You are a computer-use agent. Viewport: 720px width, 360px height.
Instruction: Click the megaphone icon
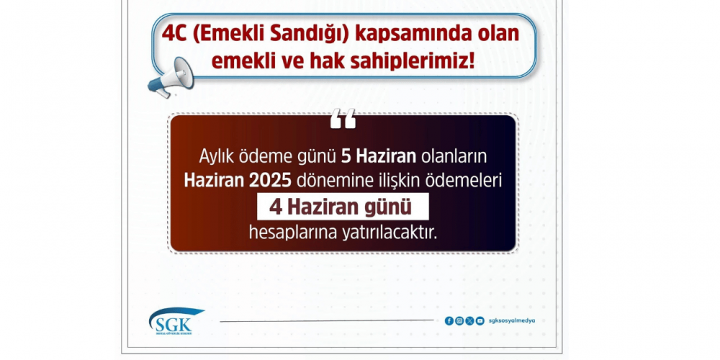coord(171,77)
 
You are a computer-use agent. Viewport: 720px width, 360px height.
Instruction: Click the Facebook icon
coord(449,321)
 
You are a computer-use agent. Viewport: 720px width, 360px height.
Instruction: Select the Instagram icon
coord(459,321)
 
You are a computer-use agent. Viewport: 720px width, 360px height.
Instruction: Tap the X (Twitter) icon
coord(469,321)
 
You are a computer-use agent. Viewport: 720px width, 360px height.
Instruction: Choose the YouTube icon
coord(480,321)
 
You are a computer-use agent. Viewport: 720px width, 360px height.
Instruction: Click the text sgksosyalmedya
coord(512,321)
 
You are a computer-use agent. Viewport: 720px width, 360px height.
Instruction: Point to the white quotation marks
coord(343,118)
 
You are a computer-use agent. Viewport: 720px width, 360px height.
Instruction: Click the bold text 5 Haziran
coord(379,157)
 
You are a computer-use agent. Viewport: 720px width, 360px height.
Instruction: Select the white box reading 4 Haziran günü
coord(343,207)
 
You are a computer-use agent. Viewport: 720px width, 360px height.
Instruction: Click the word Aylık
coord(215,158)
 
